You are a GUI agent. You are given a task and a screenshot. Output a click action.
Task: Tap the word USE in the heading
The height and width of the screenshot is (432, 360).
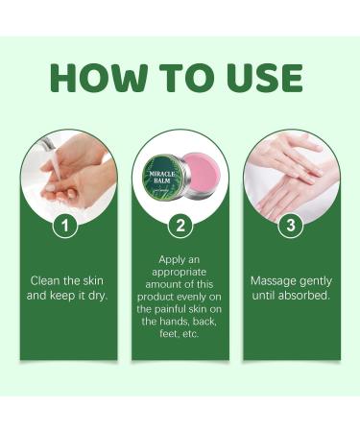pyautogui.click(x=260, y=78)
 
